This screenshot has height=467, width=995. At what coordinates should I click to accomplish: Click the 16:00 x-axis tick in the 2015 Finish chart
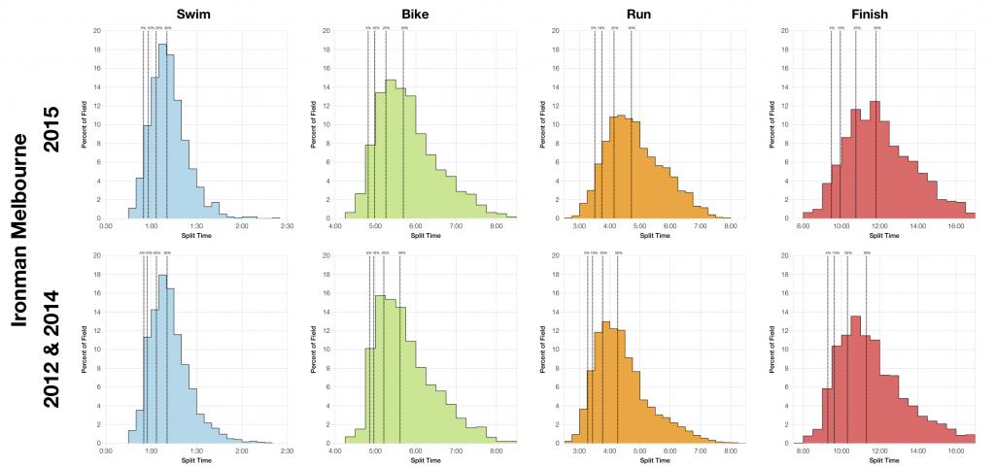[x=955, y=225]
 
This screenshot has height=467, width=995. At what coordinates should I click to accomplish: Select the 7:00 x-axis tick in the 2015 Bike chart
[x=456, y=225]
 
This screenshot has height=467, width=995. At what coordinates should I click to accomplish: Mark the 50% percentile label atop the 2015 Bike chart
[x=404, y=28]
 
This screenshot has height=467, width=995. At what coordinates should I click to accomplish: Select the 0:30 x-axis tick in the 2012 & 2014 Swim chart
[x=106, y=451]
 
